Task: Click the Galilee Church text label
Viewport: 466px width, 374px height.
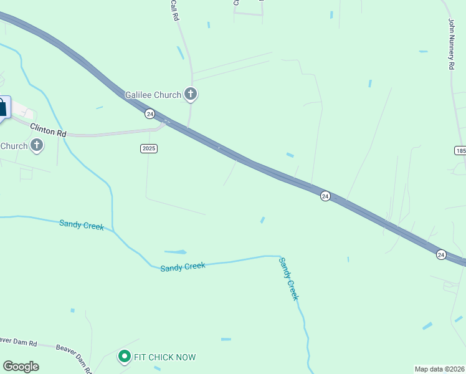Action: [153, 95]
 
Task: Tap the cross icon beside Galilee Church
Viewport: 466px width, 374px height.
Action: [191, 95]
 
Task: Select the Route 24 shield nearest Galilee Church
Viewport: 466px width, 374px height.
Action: [150, 113]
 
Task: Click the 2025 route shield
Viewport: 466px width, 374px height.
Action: [148, 148]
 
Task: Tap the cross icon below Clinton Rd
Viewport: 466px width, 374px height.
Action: [37, 146]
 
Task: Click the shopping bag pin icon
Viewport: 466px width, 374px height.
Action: [2, 107]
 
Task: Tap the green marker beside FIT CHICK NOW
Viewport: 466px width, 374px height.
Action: [123, 357]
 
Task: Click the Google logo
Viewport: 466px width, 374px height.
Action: [21, 367]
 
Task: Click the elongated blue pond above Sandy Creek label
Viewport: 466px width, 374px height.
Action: [176, 252]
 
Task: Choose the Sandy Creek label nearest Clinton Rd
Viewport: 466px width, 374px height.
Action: [82, 224]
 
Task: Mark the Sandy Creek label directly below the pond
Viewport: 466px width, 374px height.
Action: [183, 266]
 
